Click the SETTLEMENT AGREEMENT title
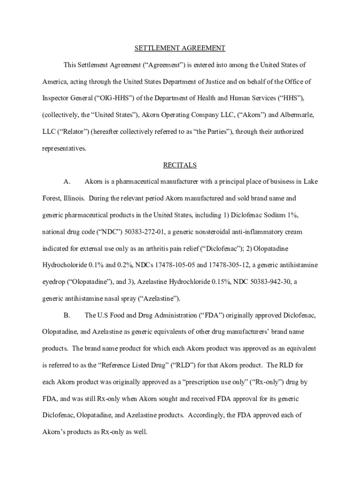[180, 48]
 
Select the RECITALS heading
[180, 165]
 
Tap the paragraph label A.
[67, 181]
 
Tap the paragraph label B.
[67, 315]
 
